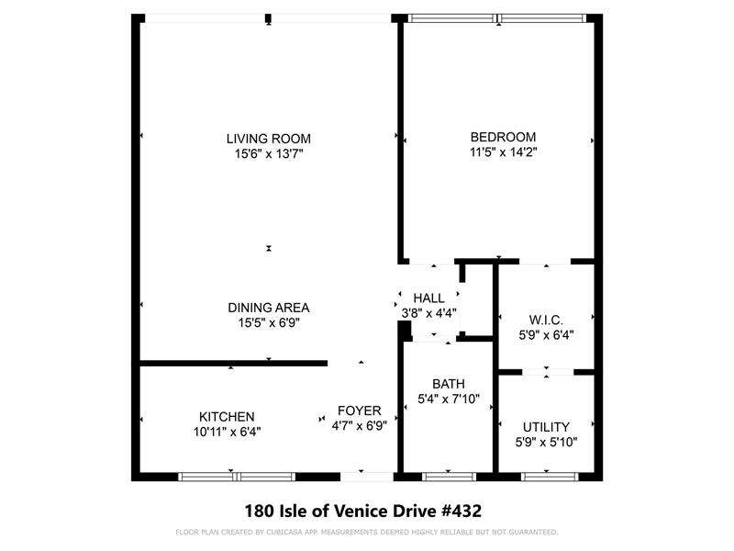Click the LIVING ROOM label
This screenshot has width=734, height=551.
(269, 139)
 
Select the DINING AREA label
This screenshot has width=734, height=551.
(269, 308)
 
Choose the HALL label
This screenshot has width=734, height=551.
(428, 298)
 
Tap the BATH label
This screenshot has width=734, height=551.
(449, 384)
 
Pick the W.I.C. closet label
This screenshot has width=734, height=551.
(546, 320)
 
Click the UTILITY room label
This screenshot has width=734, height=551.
(546, 427)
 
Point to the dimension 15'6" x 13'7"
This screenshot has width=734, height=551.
(269, 154)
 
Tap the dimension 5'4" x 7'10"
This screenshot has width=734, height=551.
(450, 399)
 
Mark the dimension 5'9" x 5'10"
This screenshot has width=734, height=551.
(546, 443)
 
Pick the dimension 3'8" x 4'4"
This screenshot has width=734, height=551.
(429, 313)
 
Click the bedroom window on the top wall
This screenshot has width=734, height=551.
(496, 17)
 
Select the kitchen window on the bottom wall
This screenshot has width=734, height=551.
(237, 477)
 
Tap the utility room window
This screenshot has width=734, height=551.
(548, 477)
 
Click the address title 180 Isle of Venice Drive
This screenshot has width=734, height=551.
(363, 510)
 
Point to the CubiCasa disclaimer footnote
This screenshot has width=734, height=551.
(366, 533)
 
